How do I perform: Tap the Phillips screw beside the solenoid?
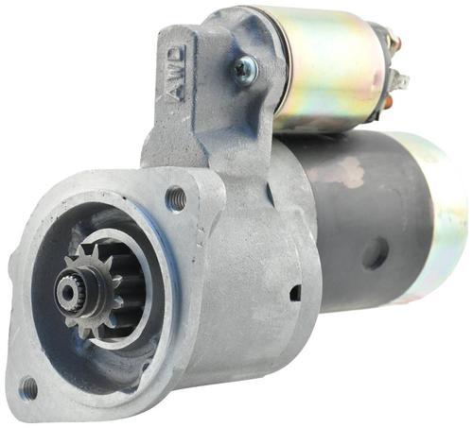(245, 70)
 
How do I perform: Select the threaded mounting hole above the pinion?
(177, 196)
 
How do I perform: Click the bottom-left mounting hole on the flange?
(27, 386)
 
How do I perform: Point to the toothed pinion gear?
(92, 291)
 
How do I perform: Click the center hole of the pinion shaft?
(67, 293)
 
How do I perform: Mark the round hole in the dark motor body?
(375, 253)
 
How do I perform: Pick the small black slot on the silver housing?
(295, 293)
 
